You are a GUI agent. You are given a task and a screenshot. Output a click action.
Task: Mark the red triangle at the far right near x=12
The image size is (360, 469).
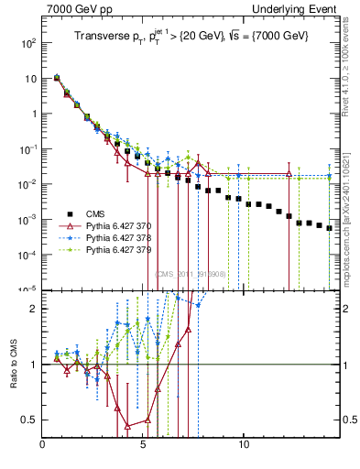pyautogui.click(x=289, y=173)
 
